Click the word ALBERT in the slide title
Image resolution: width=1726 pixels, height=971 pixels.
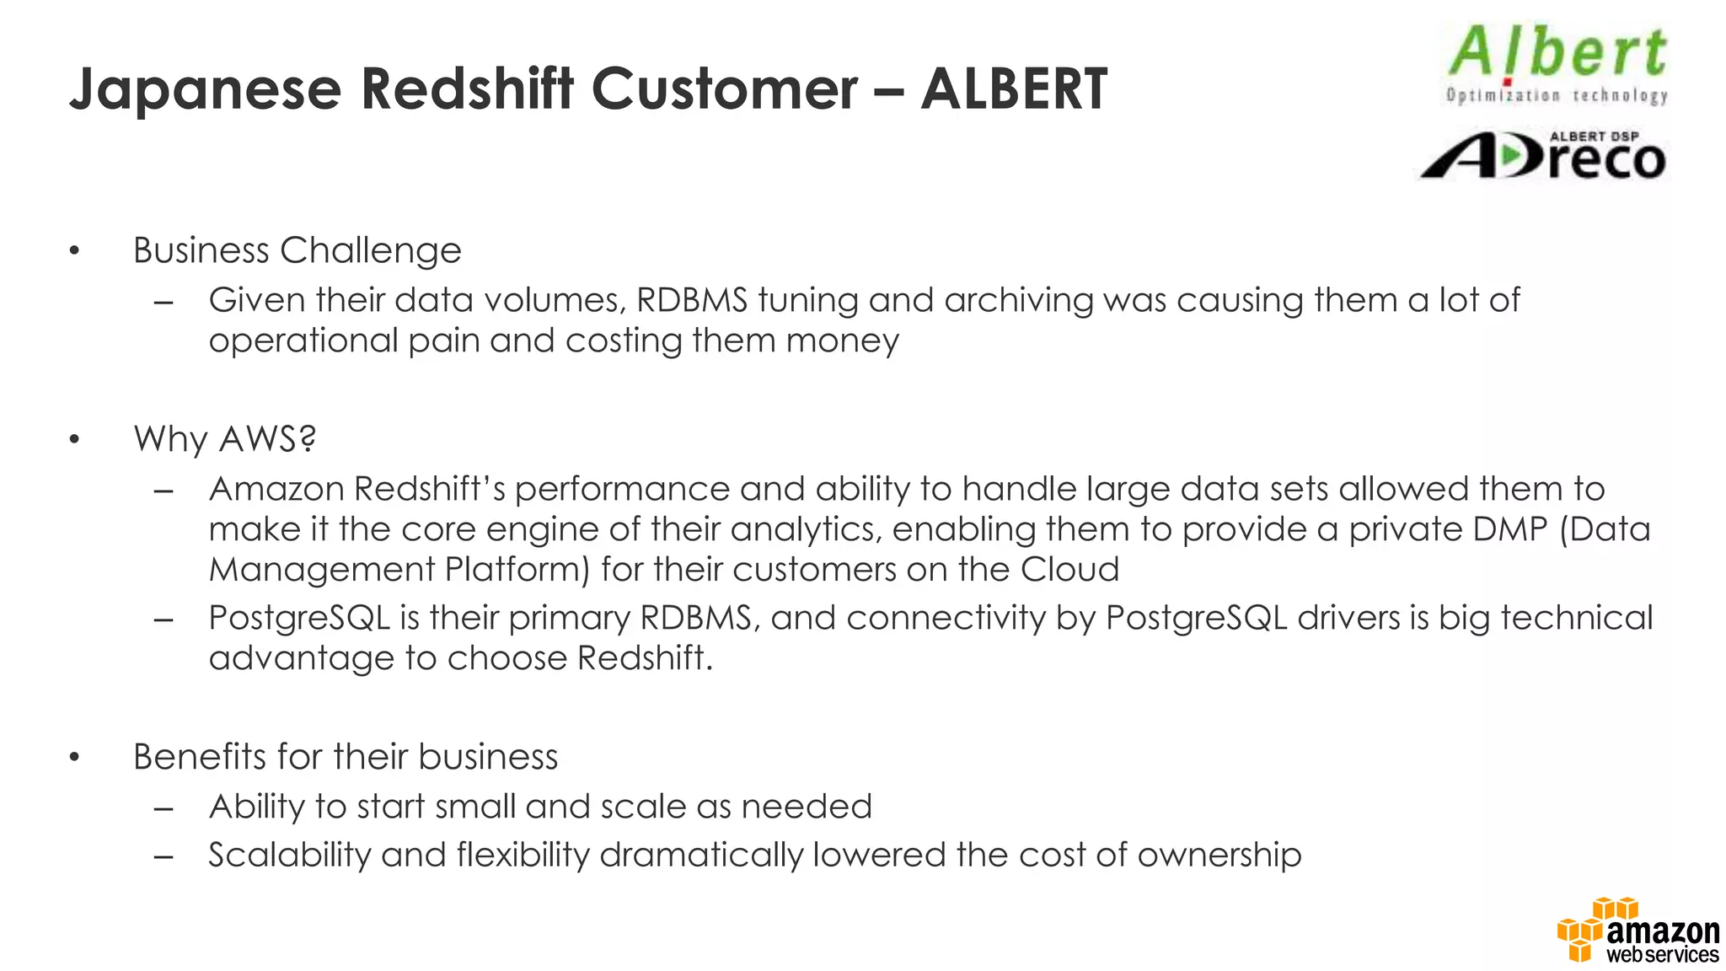point(1013,89)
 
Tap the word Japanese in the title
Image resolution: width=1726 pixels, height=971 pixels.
point(205,90)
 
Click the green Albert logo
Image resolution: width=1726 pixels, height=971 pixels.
point(1557,64)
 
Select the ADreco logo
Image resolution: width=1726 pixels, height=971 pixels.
point(1543,156)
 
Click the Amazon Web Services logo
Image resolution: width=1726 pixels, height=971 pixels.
point(1638,931)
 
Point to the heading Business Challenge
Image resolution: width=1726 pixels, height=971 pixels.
point(297,250)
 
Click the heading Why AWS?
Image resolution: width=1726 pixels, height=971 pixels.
point(224,439)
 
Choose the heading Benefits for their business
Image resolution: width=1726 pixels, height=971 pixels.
point(346,757)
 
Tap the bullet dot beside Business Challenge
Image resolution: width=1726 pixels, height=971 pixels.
point(75,251)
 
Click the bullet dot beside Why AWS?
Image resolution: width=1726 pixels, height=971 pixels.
point(75,440)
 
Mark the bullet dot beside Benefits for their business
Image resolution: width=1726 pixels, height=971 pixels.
point(75,758)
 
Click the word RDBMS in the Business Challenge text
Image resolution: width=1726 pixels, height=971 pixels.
point(691,300)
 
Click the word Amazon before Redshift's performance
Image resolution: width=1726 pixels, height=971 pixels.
point(276,489)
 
